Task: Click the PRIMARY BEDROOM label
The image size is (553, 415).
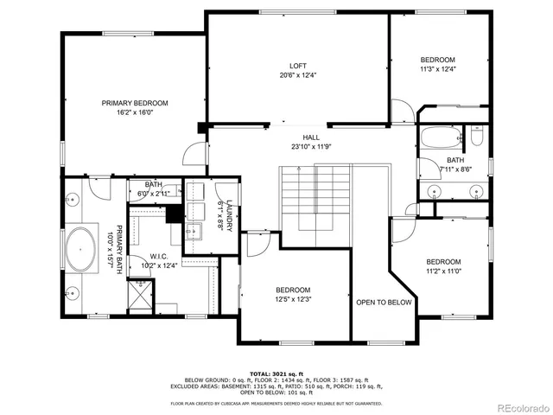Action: tap(134, 103)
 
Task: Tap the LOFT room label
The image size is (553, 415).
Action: tap(297, 66)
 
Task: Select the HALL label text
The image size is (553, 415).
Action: tap(310, 137)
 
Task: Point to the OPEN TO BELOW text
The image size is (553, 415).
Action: tap(384, 303)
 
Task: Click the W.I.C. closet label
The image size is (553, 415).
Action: tap(158, 256)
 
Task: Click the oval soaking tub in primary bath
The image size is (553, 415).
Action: tap(82, 249)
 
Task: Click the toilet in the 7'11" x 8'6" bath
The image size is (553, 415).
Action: tap(476, 137)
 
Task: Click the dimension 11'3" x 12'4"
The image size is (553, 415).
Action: tap(437, 69)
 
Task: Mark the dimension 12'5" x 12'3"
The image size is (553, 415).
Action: tap(293, 299)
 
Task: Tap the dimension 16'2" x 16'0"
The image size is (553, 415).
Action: tap(134, 112)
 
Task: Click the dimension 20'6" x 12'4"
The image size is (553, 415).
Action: tap(297, 75)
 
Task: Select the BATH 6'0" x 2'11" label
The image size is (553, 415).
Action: tap(154, 188)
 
